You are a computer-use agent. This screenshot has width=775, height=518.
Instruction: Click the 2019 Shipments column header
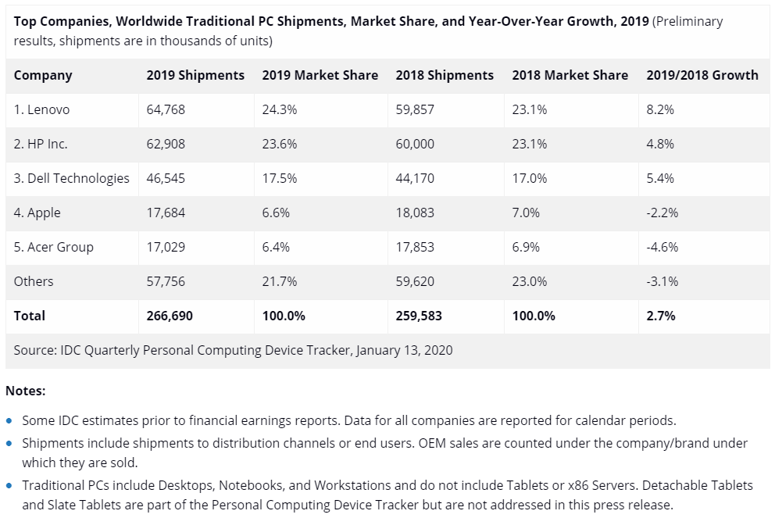[195, 76]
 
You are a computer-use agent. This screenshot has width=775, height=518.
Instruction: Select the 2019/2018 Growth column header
[702, 76]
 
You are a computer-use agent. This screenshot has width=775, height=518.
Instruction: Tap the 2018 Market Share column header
[570, 76]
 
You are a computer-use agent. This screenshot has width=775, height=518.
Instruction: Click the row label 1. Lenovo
[41, 110]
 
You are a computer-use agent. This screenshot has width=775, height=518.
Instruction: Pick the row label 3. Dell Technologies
[72, 179]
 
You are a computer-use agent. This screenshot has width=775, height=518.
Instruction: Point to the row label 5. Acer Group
[53, 248]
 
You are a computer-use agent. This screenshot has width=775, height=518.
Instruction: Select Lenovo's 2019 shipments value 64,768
[166, 110]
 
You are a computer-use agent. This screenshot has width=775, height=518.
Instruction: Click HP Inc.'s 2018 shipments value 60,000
[415, 145]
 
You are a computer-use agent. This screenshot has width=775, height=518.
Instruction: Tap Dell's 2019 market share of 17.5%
[279, 179]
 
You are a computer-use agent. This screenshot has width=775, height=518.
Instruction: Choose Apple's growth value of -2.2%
[662, 213]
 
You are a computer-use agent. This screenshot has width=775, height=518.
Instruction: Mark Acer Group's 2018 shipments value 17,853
[415, 248]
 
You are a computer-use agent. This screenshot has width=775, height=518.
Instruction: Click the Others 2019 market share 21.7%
[279, 282]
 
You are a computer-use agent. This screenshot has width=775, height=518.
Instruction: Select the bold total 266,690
[170, 316]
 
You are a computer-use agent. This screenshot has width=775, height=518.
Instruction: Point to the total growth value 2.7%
[661, 316]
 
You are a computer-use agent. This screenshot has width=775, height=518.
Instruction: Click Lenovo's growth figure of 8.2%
[660, 110]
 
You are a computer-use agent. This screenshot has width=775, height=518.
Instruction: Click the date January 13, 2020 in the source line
[404, 351]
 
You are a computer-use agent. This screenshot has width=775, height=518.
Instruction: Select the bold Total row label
[30, 316]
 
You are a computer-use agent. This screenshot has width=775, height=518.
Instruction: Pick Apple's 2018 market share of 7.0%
[530, 213]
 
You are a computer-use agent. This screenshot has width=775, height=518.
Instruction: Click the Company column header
[43, 76]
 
